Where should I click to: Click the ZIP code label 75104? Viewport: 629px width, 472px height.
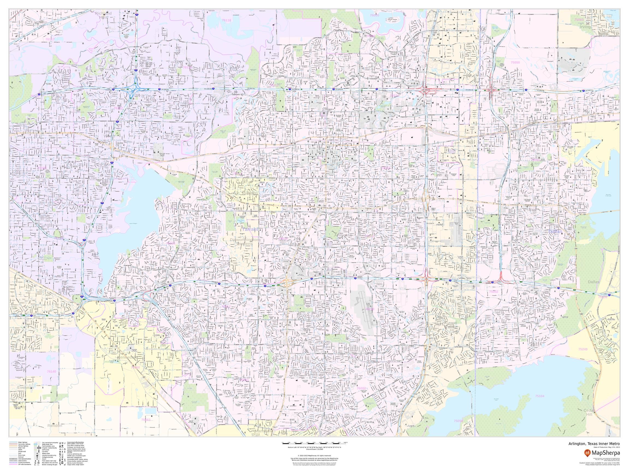tap(539, 396)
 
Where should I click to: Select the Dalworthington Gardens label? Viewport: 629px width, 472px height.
tap(244, 242)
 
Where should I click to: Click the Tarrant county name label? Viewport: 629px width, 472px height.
tap(250, 229)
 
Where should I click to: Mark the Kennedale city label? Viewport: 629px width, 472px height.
tap(127, 357)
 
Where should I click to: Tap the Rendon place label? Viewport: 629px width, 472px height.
tap(55, 426)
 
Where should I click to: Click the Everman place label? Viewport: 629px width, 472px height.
tap(26, 388)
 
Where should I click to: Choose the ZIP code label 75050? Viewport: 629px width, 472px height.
tap(515, 62)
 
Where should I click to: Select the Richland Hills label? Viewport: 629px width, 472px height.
tap(103, 15)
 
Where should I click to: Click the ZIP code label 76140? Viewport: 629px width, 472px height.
tap(52, 371)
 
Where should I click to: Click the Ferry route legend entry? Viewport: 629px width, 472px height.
tap(21, 455)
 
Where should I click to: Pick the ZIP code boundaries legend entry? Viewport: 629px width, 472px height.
tap(25, 464)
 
